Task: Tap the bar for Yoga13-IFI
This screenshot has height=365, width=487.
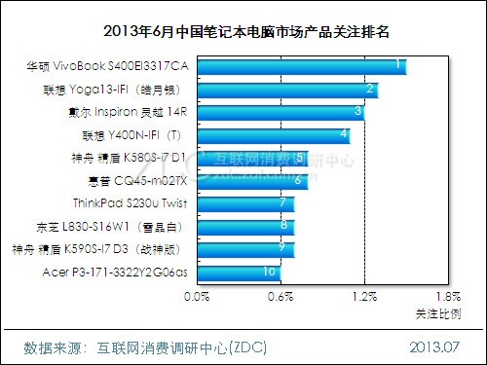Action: [288, 90]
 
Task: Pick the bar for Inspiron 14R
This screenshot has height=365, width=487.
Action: [281, 112]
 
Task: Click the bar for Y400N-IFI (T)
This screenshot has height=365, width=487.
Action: [275, 134]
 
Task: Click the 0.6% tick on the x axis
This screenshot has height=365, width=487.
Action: [281, 296]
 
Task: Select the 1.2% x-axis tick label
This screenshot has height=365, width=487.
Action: [364, 296]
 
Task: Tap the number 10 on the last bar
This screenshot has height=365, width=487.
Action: [270, 272]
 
